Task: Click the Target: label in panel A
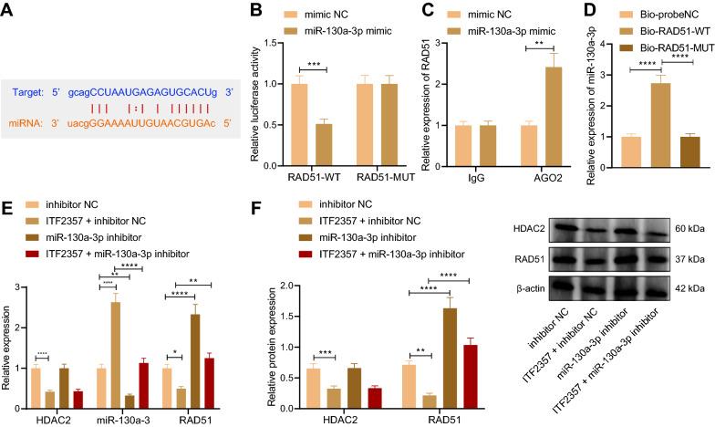tap(34, 92)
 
